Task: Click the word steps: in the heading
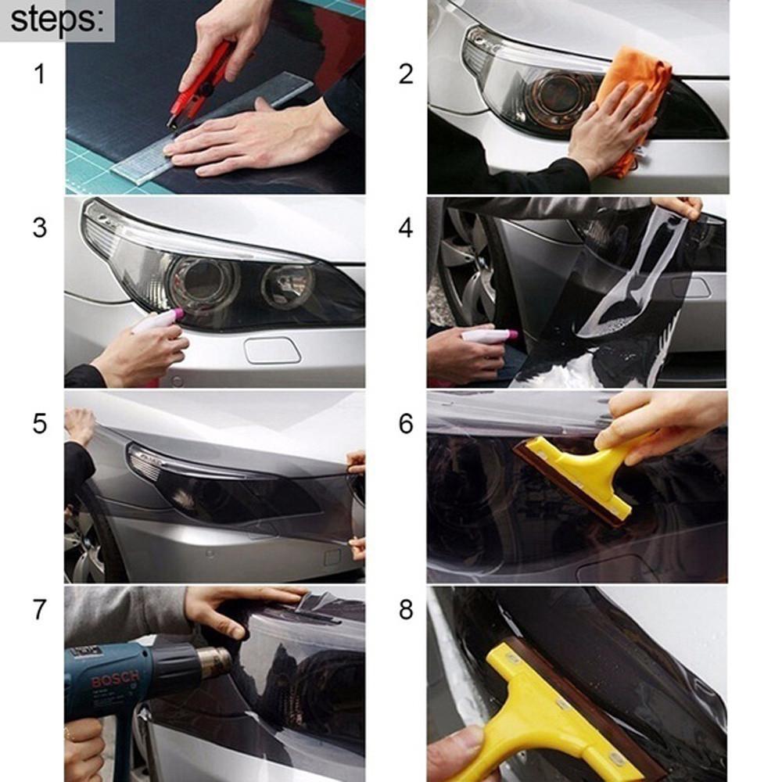point(56,20)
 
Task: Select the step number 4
point(405,228)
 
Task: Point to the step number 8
point(405,610)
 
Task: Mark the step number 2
point(405,75)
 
